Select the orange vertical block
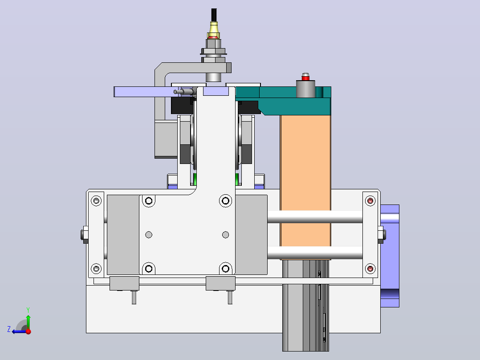tap(305, 181)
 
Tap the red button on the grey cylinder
tap(305, 78)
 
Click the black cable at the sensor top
tap(214, 15)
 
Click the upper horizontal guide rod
tap(315, 217)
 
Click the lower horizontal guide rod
tap(315, 253)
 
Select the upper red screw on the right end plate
tap(370, 200)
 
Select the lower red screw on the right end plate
tap(370, 269)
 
